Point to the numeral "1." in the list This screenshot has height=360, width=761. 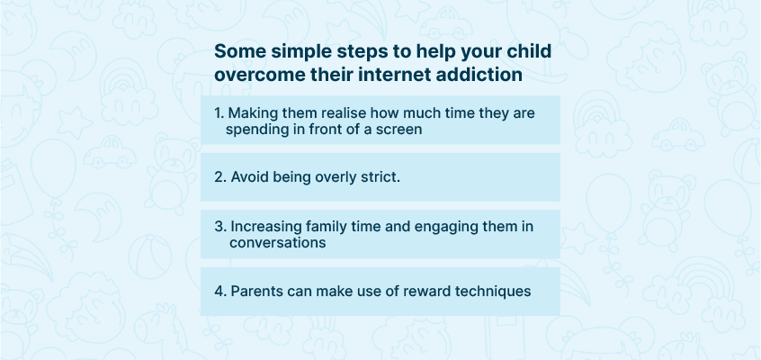(x=219, y=113)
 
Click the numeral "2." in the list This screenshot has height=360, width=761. (x=220, y=177)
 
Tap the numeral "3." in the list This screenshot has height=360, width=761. (x=220, y=227)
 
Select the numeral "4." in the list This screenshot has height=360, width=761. (x=220, y=291)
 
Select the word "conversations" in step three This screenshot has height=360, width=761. (x=277, y=242)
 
